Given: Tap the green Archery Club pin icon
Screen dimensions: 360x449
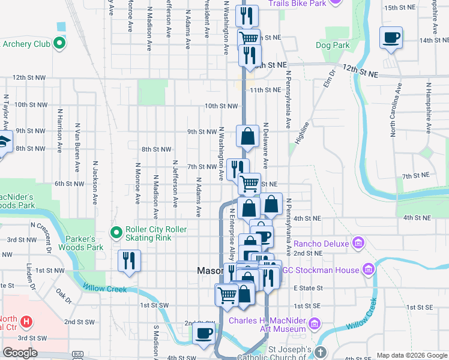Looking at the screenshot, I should point(59,43).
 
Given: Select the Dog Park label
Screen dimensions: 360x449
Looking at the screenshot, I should point(332,45).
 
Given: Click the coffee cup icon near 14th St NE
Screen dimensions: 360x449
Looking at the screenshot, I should point(391,38).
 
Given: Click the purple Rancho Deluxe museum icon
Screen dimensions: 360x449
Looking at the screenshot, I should point(358,244).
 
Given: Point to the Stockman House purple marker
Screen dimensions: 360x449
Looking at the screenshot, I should point(369,269).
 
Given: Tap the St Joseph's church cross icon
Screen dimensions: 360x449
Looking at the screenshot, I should point(321,352).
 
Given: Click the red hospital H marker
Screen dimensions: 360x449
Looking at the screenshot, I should point(26,322).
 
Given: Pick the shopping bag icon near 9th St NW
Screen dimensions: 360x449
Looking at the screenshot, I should point(247,137).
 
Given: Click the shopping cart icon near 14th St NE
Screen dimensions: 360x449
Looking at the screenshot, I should point(248,38).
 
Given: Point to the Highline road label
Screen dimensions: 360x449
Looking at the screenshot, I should point(301,133).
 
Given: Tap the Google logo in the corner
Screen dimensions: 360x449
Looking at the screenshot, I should point(20,353).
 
